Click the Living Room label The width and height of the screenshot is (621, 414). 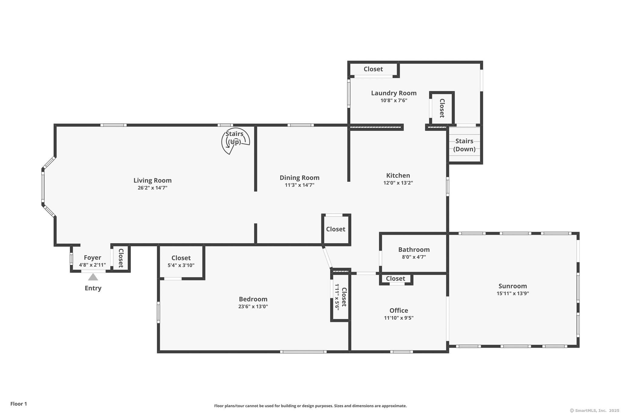(153, 180)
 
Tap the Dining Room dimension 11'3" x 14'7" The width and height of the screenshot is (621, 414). (300, 185)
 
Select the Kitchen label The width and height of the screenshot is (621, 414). (398, 175)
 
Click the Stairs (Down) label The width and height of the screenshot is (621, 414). (464, 145)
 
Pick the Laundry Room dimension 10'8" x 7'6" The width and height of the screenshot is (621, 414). (394, 100)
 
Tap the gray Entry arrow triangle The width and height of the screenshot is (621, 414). (93, 277)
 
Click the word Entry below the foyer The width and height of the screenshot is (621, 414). (93, 288)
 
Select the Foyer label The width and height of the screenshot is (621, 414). (92, 257)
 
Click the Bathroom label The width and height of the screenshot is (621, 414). (414, 250)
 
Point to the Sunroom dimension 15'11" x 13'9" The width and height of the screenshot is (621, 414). (513, 293)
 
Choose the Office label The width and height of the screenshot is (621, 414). (399, 310)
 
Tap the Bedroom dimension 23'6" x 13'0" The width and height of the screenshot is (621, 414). (253, 306)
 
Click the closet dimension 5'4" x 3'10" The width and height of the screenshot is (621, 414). (181, 265)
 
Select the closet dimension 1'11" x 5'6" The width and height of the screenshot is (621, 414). (337, 297)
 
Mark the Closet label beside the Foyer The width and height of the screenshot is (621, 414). (121, 258)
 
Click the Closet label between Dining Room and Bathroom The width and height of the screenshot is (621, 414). (336, 229)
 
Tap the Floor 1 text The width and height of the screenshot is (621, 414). (19, 404)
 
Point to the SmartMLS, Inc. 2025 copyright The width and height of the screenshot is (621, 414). (595, 410)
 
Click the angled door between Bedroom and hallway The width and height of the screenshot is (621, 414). (327, 258)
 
